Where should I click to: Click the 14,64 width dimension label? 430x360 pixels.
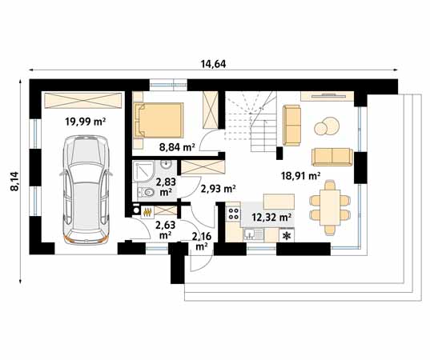pyautogui.click(x=213, y=64)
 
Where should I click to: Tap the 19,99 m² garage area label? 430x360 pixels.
pyautogui.click(x=86, y=122)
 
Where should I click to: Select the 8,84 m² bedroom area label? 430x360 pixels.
pyautogui.click(x=177, y=147)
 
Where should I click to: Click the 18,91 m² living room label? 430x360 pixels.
pyautogui.click(x=300, y=176)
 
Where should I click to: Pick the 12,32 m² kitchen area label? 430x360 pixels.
pyautogui.click(x=271, y=218)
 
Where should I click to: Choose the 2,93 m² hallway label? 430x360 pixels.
pyautogui.click(x=219, y=189)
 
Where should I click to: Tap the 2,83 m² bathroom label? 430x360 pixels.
pyautogui.click(x=166, y=186)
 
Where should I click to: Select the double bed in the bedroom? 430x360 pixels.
pyautogui.click(x=159, y=120)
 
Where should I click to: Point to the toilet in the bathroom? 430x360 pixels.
pyautogui.click(x=146, y=192)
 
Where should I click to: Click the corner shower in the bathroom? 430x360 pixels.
pyautogui.click(x=143, y=172)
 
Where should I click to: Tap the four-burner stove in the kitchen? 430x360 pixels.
pyautogui.click(x=234, y=213)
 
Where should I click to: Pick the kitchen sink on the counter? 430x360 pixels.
pyautogui.click(x=254, y=234)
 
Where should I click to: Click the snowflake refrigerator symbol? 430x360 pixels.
pyautogui.click(x=287, y=236)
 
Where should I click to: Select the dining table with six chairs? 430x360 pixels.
pyautogui.click(x=331, y=207)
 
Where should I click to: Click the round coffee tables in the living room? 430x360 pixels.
pyautogui.click(x=327, y=126)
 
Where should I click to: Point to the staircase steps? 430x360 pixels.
pyautogui.click(x=250, y=122)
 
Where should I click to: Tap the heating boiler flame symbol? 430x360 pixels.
pyautogui.click(x=147, y=213)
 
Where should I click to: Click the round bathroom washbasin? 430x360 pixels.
pyautogui.click(x=167, y=165)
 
